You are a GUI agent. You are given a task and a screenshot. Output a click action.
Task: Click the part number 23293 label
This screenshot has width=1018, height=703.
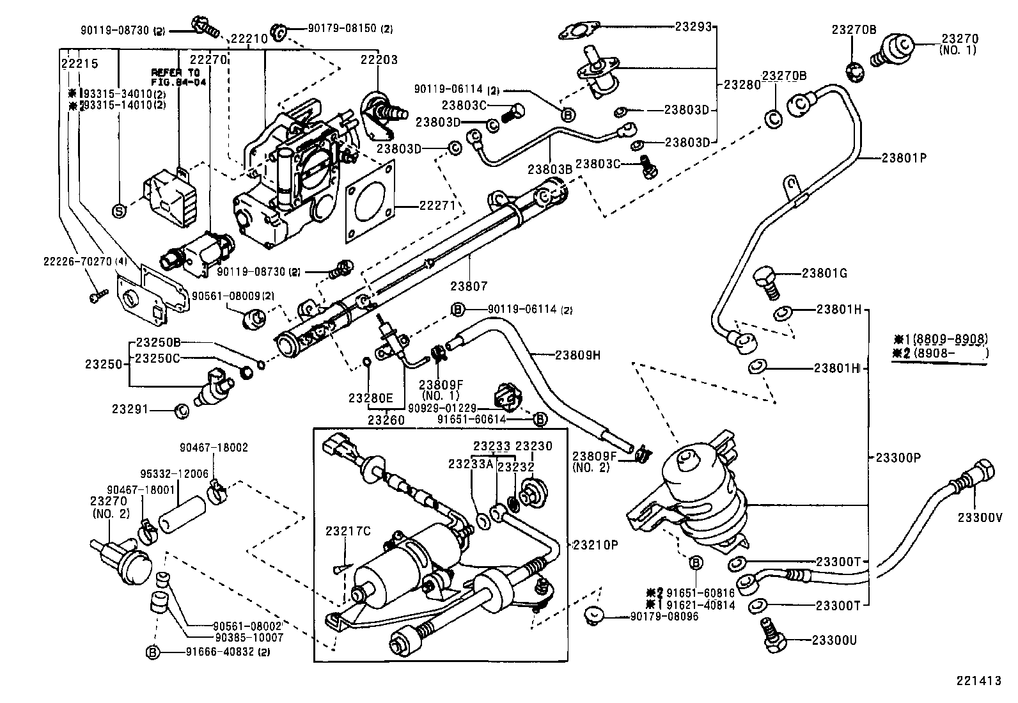(x=693, y=27)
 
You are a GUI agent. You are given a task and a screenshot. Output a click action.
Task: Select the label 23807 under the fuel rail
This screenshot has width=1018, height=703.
(x=469, y=287)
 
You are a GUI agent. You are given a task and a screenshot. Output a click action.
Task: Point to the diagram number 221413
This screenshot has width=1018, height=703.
(x=978, y=681)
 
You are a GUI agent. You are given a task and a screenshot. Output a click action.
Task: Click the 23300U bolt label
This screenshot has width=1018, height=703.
(x=834, y=640)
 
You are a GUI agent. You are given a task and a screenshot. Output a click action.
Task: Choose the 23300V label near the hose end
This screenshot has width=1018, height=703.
(x=979, y=517)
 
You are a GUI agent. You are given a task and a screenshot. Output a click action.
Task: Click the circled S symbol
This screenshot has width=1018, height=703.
(x=119, y=210)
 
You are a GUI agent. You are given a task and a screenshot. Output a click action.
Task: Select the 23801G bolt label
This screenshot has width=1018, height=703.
(x=824, y=273)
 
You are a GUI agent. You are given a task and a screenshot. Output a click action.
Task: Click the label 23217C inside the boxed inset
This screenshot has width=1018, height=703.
(x=348, y=530)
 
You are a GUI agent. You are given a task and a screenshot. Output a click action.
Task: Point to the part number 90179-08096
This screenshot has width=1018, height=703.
(x=664, y=616)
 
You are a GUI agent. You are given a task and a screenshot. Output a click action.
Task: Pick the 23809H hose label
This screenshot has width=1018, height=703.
(x=577, y=354)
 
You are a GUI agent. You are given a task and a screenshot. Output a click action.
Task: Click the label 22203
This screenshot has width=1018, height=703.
(x=379, y=60)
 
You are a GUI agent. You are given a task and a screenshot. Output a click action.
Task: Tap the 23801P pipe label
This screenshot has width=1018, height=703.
(x=904, y=157)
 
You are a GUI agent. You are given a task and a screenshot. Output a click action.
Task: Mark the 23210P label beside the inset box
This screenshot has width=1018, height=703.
(x=595, y=544)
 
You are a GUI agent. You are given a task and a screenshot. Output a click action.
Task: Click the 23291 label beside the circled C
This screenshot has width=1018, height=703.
(x=130, y=408)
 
